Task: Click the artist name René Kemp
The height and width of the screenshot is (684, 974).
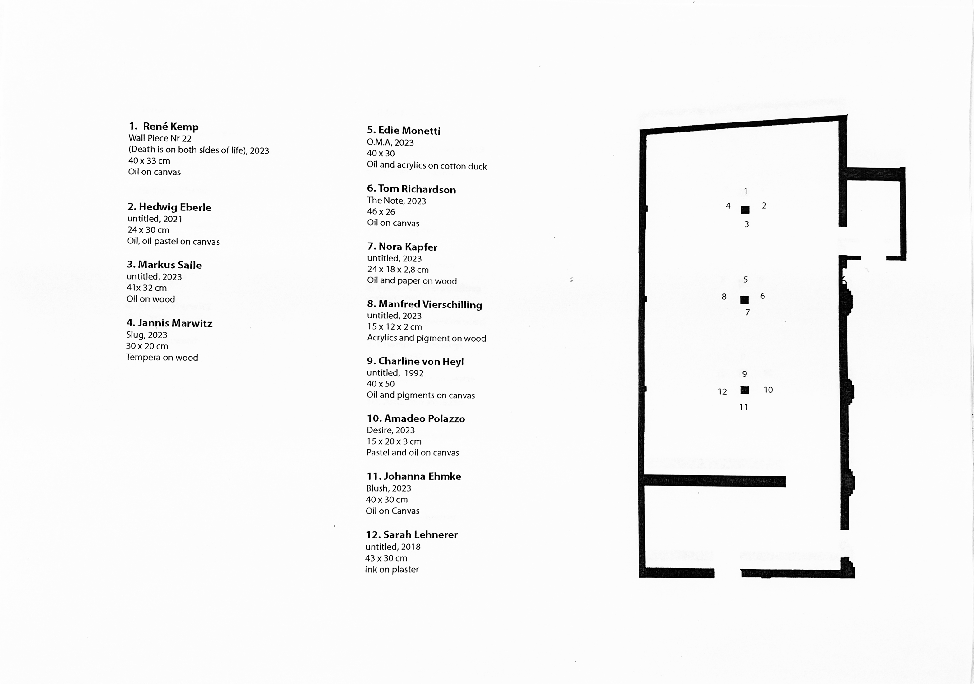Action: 171,127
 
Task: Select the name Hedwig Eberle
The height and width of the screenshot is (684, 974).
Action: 175,207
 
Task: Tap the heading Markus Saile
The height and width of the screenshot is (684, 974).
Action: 170,265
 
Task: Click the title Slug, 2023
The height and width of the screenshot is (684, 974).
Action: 147,335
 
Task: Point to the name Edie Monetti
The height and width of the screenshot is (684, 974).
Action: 409,130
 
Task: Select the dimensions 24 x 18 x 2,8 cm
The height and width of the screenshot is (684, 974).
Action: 398,270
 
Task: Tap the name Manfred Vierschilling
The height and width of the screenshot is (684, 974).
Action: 430,304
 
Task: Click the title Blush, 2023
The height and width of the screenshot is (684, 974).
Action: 389,488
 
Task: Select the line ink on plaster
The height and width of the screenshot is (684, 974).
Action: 391,570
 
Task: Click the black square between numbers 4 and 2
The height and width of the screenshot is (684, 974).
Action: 745,210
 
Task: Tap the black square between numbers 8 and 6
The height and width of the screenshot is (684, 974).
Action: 744,300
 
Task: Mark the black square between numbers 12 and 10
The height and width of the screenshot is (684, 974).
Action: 745,390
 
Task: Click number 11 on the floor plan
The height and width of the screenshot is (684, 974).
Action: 744,407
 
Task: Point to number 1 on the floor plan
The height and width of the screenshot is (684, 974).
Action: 746,192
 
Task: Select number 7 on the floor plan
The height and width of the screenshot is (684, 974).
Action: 747,312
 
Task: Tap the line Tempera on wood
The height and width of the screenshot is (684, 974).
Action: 162,357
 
